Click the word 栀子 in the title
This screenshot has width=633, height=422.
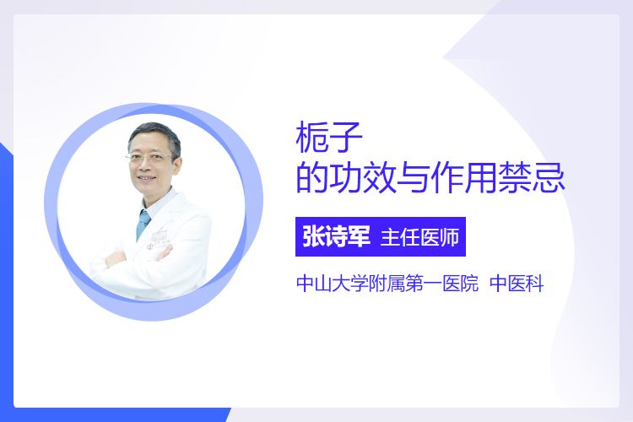pos(329,138)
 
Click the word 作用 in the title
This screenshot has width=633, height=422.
pos(463,177)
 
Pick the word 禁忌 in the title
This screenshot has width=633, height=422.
pos(531,177)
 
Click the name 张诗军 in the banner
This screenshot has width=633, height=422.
pos(336,236)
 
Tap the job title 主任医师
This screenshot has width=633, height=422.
pos(419,237)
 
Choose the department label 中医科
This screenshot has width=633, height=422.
pos(517,283)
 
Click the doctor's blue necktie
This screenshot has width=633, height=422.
pos(143,224)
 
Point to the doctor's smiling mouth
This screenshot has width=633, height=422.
pos(146,178)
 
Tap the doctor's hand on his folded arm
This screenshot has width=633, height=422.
pos(164,253)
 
